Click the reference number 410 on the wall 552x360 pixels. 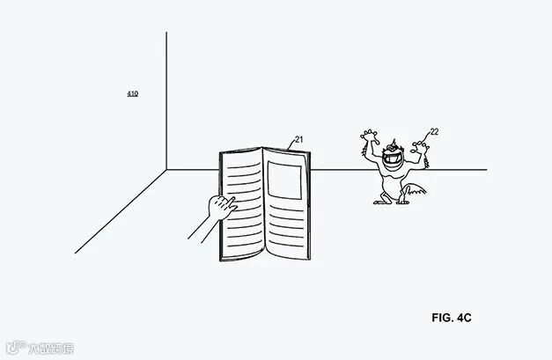[132, 93]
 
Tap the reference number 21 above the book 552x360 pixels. [298, 139]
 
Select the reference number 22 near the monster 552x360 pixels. [434, 132]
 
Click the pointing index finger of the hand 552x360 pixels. [232, 204]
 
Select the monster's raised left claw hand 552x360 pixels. [369, 137]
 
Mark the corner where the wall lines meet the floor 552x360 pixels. [166, 169]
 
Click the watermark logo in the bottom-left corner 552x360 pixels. [39, 349]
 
